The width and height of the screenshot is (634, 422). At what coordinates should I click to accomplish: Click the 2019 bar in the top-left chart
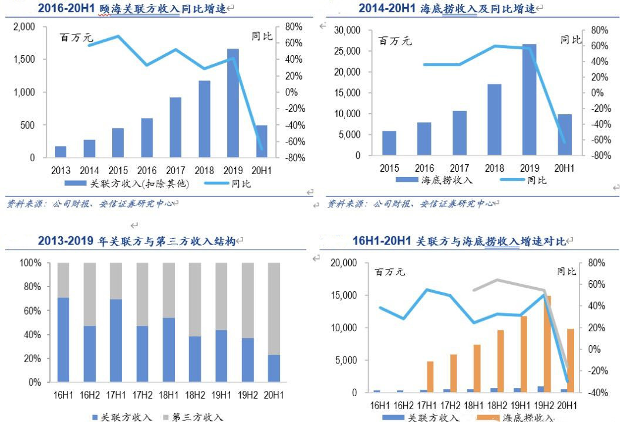click(232, 103)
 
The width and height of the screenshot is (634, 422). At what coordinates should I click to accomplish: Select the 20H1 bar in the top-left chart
click(261, 141)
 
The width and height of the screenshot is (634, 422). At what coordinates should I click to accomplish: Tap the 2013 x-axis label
click(60, 171)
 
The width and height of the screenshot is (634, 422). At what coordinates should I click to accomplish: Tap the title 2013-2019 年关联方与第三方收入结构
click(136, 241)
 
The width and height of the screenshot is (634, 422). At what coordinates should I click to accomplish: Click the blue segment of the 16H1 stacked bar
click(63, 340)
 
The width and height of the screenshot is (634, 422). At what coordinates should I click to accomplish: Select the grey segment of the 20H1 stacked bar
click(274, 309)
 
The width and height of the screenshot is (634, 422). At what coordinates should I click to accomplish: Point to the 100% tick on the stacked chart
click(31, 263)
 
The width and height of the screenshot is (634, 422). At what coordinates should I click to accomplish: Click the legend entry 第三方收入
click(197, 417)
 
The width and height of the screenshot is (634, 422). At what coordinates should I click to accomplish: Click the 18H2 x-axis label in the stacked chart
click(195, 396)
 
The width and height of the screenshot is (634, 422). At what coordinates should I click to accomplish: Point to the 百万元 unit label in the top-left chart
click(77, 38)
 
